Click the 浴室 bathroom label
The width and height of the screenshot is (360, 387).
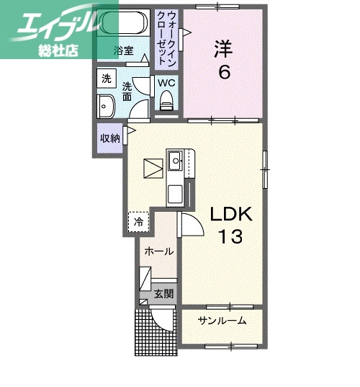pos(124,50)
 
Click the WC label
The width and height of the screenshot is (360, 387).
pos(167,82)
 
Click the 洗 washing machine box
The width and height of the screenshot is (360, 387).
pos(106,79)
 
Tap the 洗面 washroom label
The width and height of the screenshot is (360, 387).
pos(127,90)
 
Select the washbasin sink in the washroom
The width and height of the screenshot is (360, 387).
pos(106,105)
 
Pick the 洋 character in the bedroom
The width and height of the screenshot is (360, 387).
pos(222,49)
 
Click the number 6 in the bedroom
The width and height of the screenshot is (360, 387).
pos(224,74)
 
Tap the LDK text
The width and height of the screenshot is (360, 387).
pos(232,213)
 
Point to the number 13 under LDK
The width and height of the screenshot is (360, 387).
pos(232,236)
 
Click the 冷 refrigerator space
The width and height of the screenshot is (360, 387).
pos(139,221)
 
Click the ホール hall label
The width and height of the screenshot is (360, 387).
pos(158,252)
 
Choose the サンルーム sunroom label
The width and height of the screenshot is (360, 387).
pos(222,321)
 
